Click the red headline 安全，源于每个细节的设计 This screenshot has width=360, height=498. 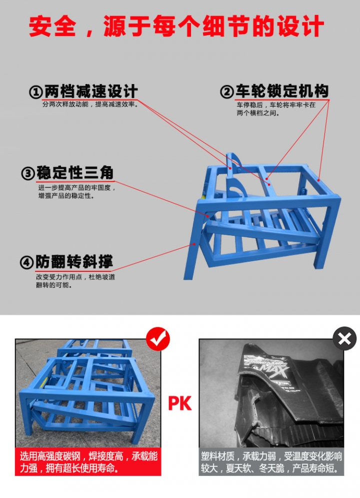point(176,27)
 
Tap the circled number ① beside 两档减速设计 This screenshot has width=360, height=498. point(36,92)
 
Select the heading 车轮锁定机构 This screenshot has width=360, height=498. point(282,91)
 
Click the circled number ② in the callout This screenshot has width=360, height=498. point(227,92)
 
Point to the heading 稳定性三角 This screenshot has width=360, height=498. point(75,173)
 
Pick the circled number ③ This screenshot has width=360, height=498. point(28,173)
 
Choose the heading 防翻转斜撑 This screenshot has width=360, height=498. point(74,262)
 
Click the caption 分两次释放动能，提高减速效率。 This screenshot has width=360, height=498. point(90,104)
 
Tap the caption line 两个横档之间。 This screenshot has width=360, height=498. point(258,113)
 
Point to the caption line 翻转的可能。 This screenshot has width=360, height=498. point(54,285)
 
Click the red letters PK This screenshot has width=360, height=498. point(180,403)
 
